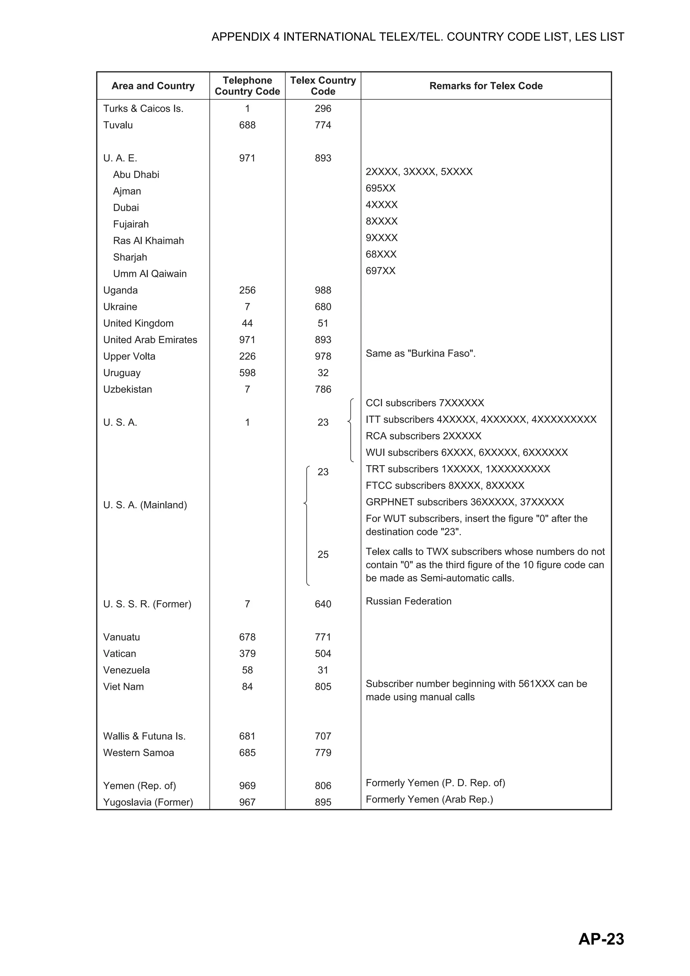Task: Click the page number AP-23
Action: point(601,939)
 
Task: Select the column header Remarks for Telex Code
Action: point(485,86)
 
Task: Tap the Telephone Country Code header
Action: point(247,86)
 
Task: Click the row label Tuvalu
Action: point(118,125)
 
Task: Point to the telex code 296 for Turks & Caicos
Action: point(323,108)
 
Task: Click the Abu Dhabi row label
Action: point(136,175)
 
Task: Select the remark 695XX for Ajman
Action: point(380,188)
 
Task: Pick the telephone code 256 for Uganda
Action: point(247,290)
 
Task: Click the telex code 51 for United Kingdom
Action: point(323,324)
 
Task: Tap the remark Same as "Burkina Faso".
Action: point(420,353)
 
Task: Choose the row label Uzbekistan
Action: point(128,389)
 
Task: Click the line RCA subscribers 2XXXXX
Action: point(424,436)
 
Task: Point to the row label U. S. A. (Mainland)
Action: point(145,505)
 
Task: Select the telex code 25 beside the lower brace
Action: point(323,554)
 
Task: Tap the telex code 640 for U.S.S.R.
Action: point(323,604)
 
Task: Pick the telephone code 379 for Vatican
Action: point(247,653)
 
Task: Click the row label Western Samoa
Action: point(138,752)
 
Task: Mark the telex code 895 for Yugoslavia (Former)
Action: point(323,802)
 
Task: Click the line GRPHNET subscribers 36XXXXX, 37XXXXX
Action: point(465,502)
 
